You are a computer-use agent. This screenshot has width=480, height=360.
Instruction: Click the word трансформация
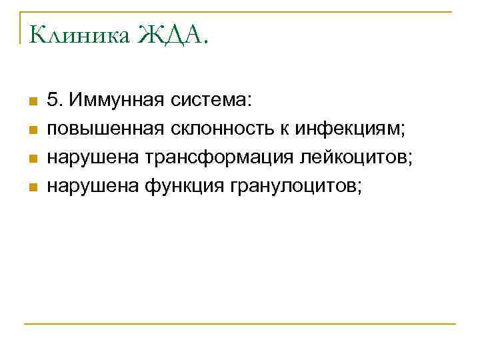coord(215,158)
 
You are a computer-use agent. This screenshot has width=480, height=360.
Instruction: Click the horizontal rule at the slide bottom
coord(240,324)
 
